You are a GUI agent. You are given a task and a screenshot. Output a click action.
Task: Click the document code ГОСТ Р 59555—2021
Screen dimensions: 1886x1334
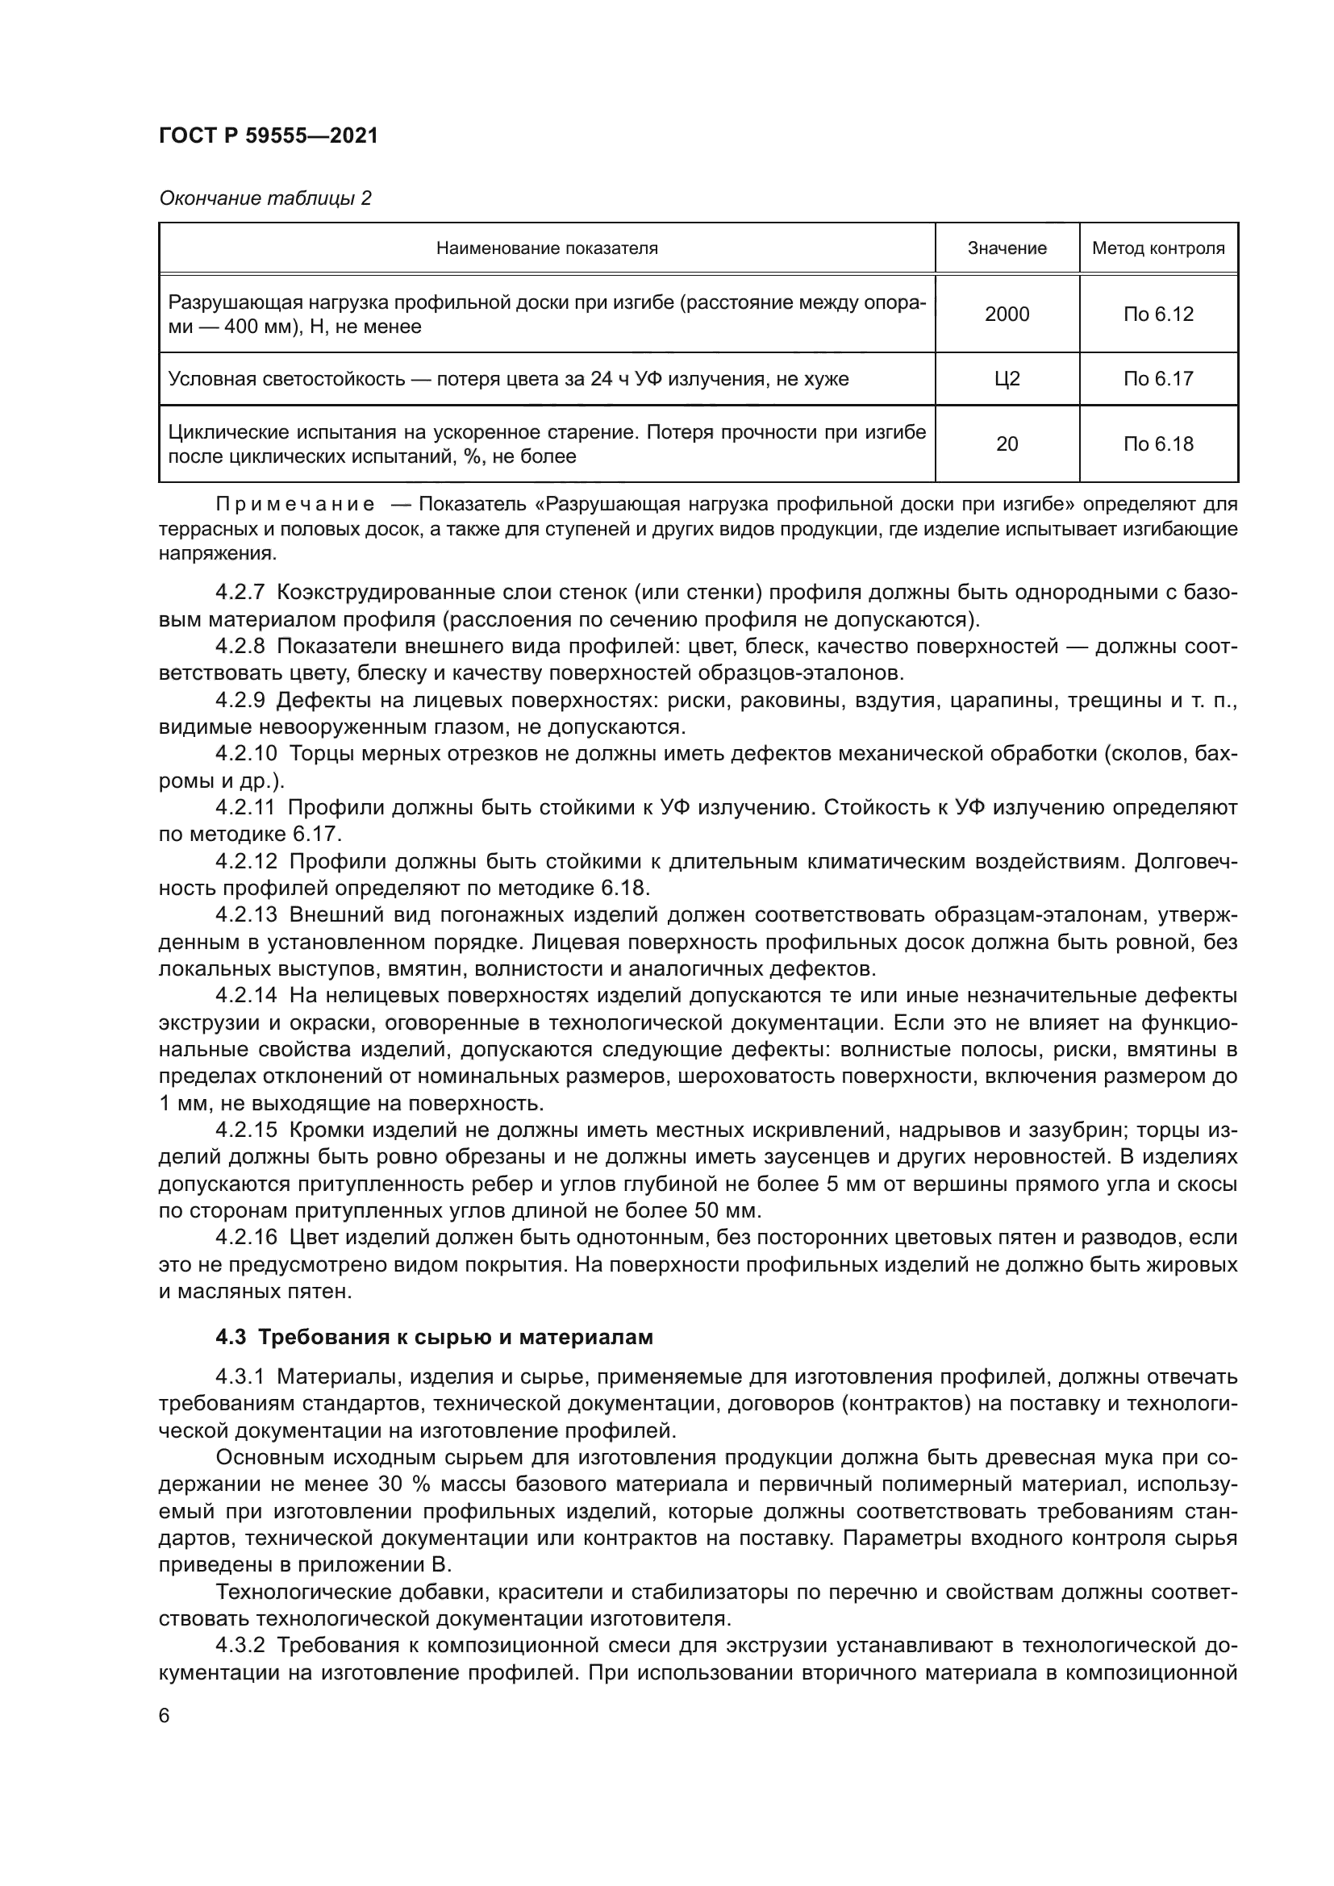(268, 136)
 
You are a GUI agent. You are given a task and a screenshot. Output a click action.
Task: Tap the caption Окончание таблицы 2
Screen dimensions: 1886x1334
(265, 198)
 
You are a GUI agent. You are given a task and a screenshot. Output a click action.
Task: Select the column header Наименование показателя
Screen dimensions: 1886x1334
(546, 248)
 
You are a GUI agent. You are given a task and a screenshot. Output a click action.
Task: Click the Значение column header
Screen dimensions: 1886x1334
(1007, 248)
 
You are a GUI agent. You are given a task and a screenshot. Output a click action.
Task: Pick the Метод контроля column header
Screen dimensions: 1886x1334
(1157, 248)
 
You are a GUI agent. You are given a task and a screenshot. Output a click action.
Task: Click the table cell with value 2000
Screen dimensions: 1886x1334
(1007, 314)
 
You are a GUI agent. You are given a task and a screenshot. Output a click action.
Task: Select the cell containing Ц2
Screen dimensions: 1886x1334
(1007, 379)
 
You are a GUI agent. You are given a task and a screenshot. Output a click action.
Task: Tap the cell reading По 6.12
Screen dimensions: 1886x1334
(1157, 314)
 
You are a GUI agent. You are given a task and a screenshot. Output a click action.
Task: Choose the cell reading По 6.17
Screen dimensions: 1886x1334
(1157, 379)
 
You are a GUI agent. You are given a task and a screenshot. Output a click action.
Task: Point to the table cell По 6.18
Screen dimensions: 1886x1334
(1157, 444)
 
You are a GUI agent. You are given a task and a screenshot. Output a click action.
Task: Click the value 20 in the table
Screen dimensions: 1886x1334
(1007, 444)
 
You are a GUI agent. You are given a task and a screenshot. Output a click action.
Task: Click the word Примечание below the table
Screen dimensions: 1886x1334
(295, 503)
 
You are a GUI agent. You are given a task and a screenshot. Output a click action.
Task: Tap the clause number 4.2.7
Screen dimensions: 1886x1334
(240, 593)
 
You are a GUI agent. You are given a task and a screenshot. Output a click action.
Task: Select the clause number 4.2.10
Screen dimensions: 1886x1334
(247, 754)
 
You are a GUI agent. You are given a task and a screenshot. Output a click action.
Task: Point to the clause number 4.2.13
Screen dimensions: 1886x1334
(247, 915)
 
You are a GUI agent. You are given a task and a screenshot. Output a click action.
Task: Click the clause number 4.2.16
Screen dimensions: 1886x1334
(247, 1238)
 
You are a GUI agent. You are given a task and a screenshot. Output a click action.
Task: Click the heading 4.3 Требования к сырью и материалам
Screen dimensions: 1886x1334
(434, 1337)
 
